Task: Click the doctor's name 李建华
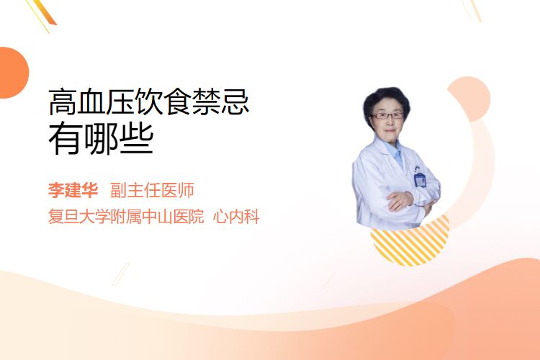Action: [73, 190]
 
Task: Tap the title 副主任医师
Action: [152, 190]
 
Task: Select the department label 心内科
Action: [236, 217]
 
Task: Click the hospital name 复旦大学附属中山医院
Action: [126, 217]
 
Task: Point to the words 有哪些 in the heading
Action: [101, 140]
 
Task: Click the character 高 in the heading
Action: [63, 102]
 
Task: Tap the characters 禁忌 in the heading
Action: [220, 102]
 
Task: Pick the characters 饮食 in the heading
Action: [163, 102]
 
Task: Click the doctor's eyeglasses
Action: [387, 115]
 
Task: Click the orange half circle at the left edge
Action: [14, 73]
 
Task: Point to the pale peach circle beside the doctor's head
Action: [470, 99]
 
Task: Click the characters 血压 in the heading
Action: [106, 102]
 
